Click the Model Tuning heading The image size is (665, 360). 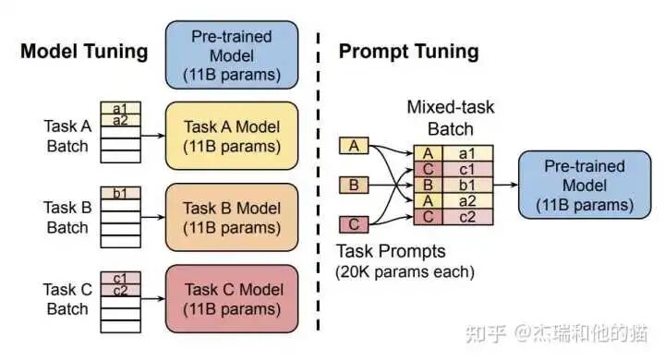tap(84, 52)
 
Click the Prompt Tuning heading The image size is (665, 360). tap(408, 52)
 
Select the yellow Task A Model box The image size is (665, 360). tap(232, 136)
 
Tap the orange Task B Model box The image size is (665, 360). tap(232, 218)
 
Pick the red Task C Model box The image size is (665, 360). tap(232, 299)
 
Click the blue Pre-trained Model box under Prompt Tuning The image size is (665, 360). tap(585, 185)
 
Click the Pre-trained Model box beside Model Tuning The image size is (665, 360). tap(232, 54)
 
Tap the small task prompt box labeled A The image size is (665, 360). tap(354, 146)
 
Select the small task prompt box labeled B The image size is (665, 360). tap(354, 186)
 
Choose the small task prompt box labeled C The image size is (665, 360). tap(354, 224)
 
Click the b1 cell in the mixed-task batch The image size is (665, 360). tap(467, 186)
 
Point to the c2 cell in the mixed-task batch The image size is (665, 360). tap(467, 217)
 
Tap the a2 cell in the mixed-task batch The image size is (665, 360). tap(467, 201)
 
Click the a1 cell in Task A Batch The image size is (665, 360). tap(120, 108)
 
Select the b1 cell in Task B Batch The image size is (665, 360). tap(120, 193)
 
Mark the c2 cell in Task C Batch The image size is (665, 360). tap(120, 291)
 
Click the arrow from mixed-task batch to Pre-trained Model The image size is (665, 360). tap(505, 185)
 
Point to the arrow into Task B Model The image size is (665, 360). tap(152, 218)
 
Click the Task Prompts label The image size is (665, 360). tap(391, 251)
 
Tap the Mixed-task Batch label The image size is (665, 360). tap(451, 118)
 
